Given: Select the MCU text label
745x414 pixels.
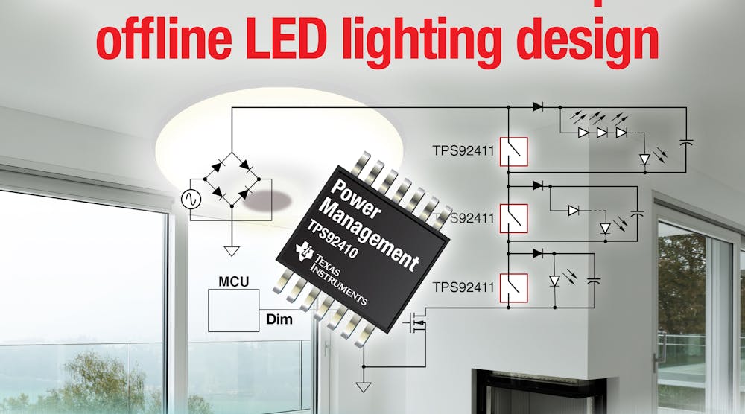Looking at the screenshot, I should point(232,283).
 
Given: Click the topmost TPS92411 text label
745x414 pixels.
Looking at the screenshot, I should point(463,151).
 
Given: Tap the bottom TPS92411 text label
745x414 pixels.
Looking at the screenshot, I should point(463,287).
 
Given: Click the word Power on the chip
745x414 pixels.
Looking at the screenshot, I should point(354,197).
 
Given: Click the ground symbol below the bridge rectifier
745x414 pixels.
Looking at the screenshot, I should point(231,251).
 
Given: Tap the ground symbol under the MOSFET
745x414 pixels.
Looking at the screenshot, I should point(363,386).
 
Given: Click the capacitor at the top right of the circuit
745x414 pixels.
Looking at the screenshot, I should point(687,141).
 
